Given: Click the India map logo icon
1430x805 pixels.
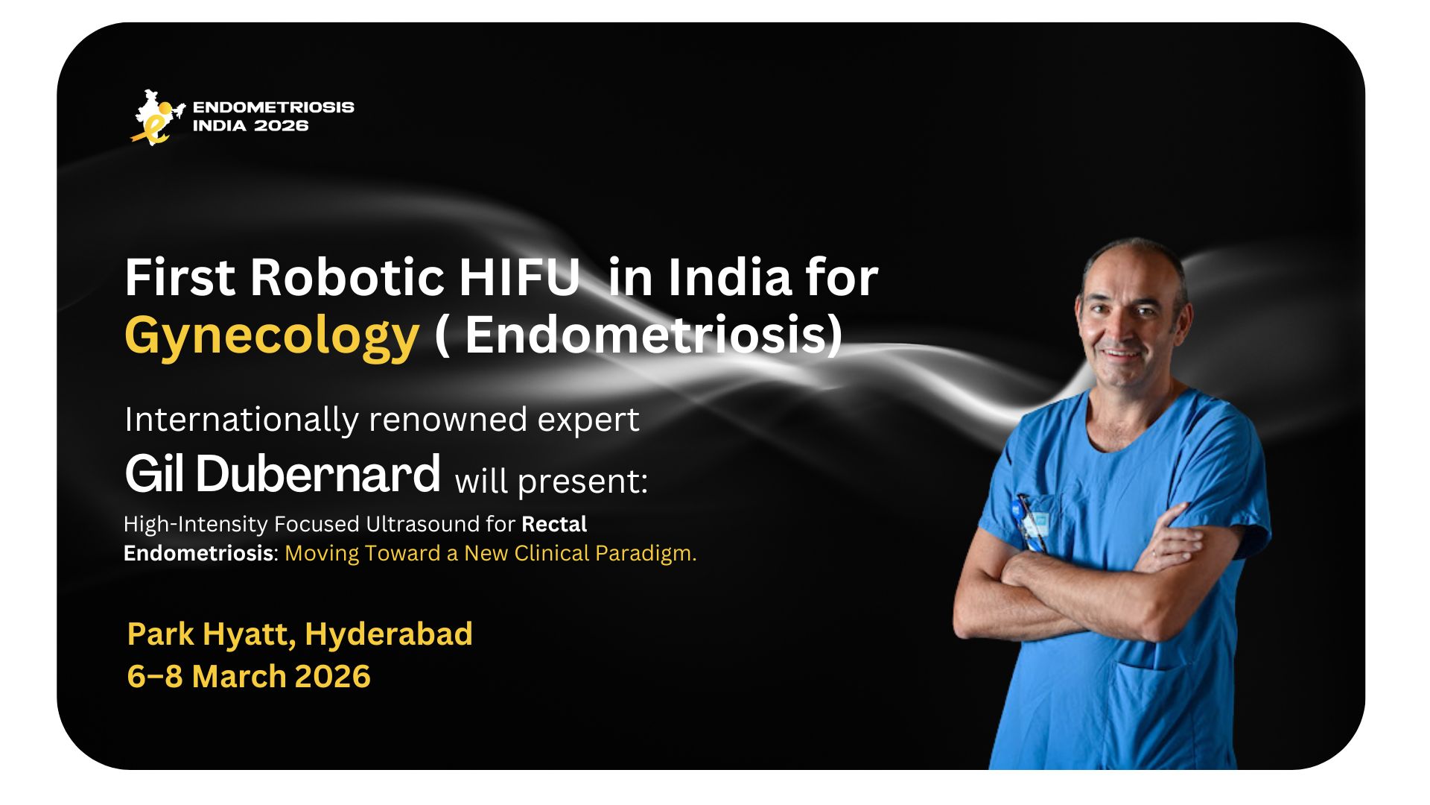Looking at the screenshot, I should pyautogui.click(x=156, y=117).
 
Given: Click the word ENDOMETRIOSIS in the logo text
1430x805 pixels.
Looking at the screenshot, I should pyautogui.click(x=273, y=107).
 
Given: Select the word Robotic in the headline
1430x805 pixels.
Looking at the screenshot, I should pyautogui.click(x=347, y=277).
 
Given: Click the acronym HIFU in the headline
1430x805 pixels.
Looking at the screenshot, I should pyautogui.click(x=519, y=277).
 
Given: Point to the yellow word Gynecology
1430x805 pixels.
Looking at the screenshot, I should pyautogui.click(x=272, y=336).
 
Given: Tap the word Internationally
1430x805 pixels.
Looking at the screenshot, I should pyautogui.click(x=241, y=420).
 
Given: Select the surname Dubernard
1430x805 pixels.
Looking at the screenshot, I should pyautogui.click(x=318, y=474).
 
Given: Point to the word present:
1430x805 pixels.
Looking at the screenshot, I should pyautogui.click(x=583, y=482).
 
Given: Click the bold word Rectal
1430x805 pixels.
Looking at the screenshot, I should pyautogui.click(x=554, y=524).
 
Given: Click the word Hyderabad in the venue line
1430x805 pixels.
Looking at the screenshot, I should pyautogui.click(x=388, y=634).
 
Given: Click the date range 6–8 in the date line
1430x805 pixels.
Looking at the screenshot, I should pyautogui.click(x=154, y=677).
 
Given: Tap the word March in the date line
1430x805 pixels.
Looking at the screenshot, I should pyautogui.click(x=239, y=677).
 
